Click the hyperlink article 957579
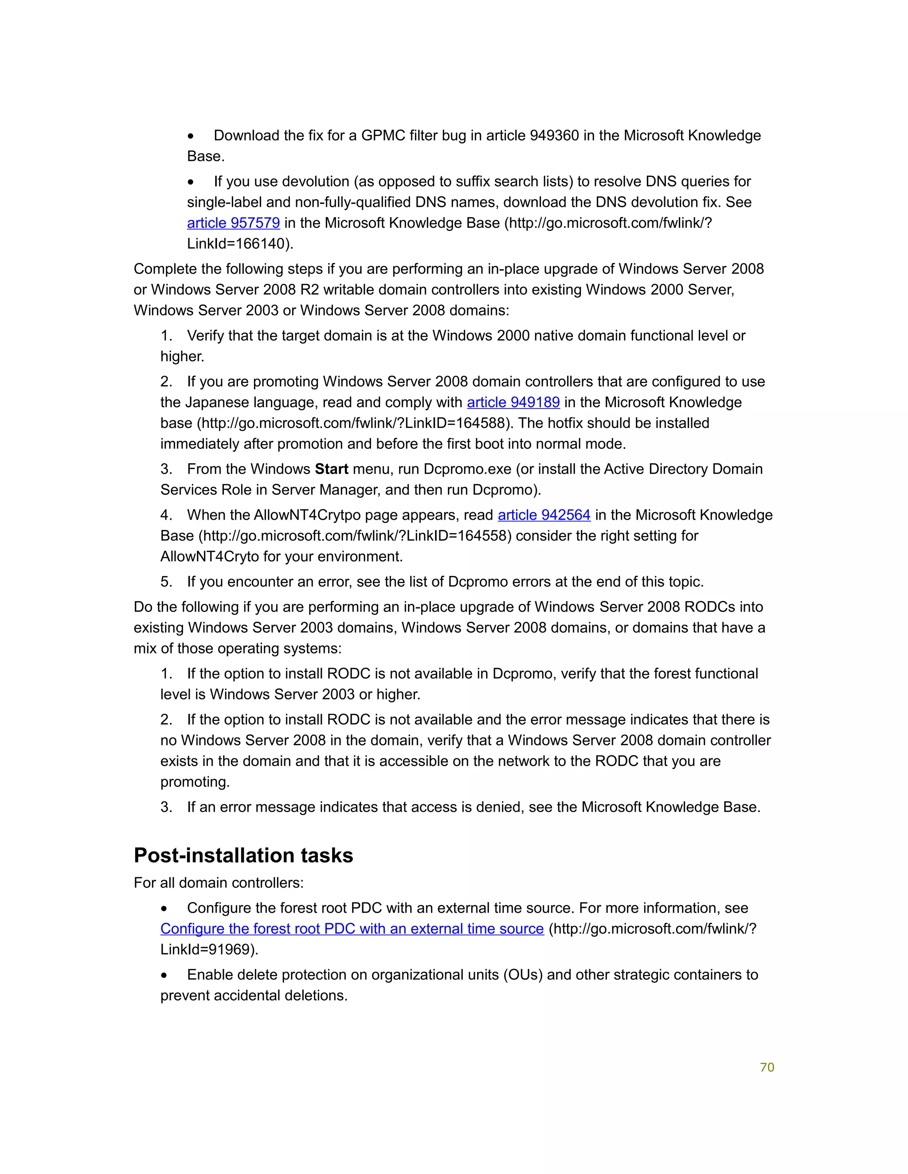tap(234, 223)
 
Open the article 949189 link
tap(513, 403)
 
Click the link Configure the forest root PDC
tap(352, 929)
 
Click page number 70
tap(767, 1068)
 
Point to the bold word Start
tap(331, 469)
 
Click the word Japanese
tap(217, 403)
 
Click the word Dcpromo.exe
tap(467, 469)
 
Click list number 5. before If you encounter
tap(166, 582)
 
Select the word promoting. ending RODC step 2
tap(195, 782)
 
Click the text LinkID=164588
tap(456, 424)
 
